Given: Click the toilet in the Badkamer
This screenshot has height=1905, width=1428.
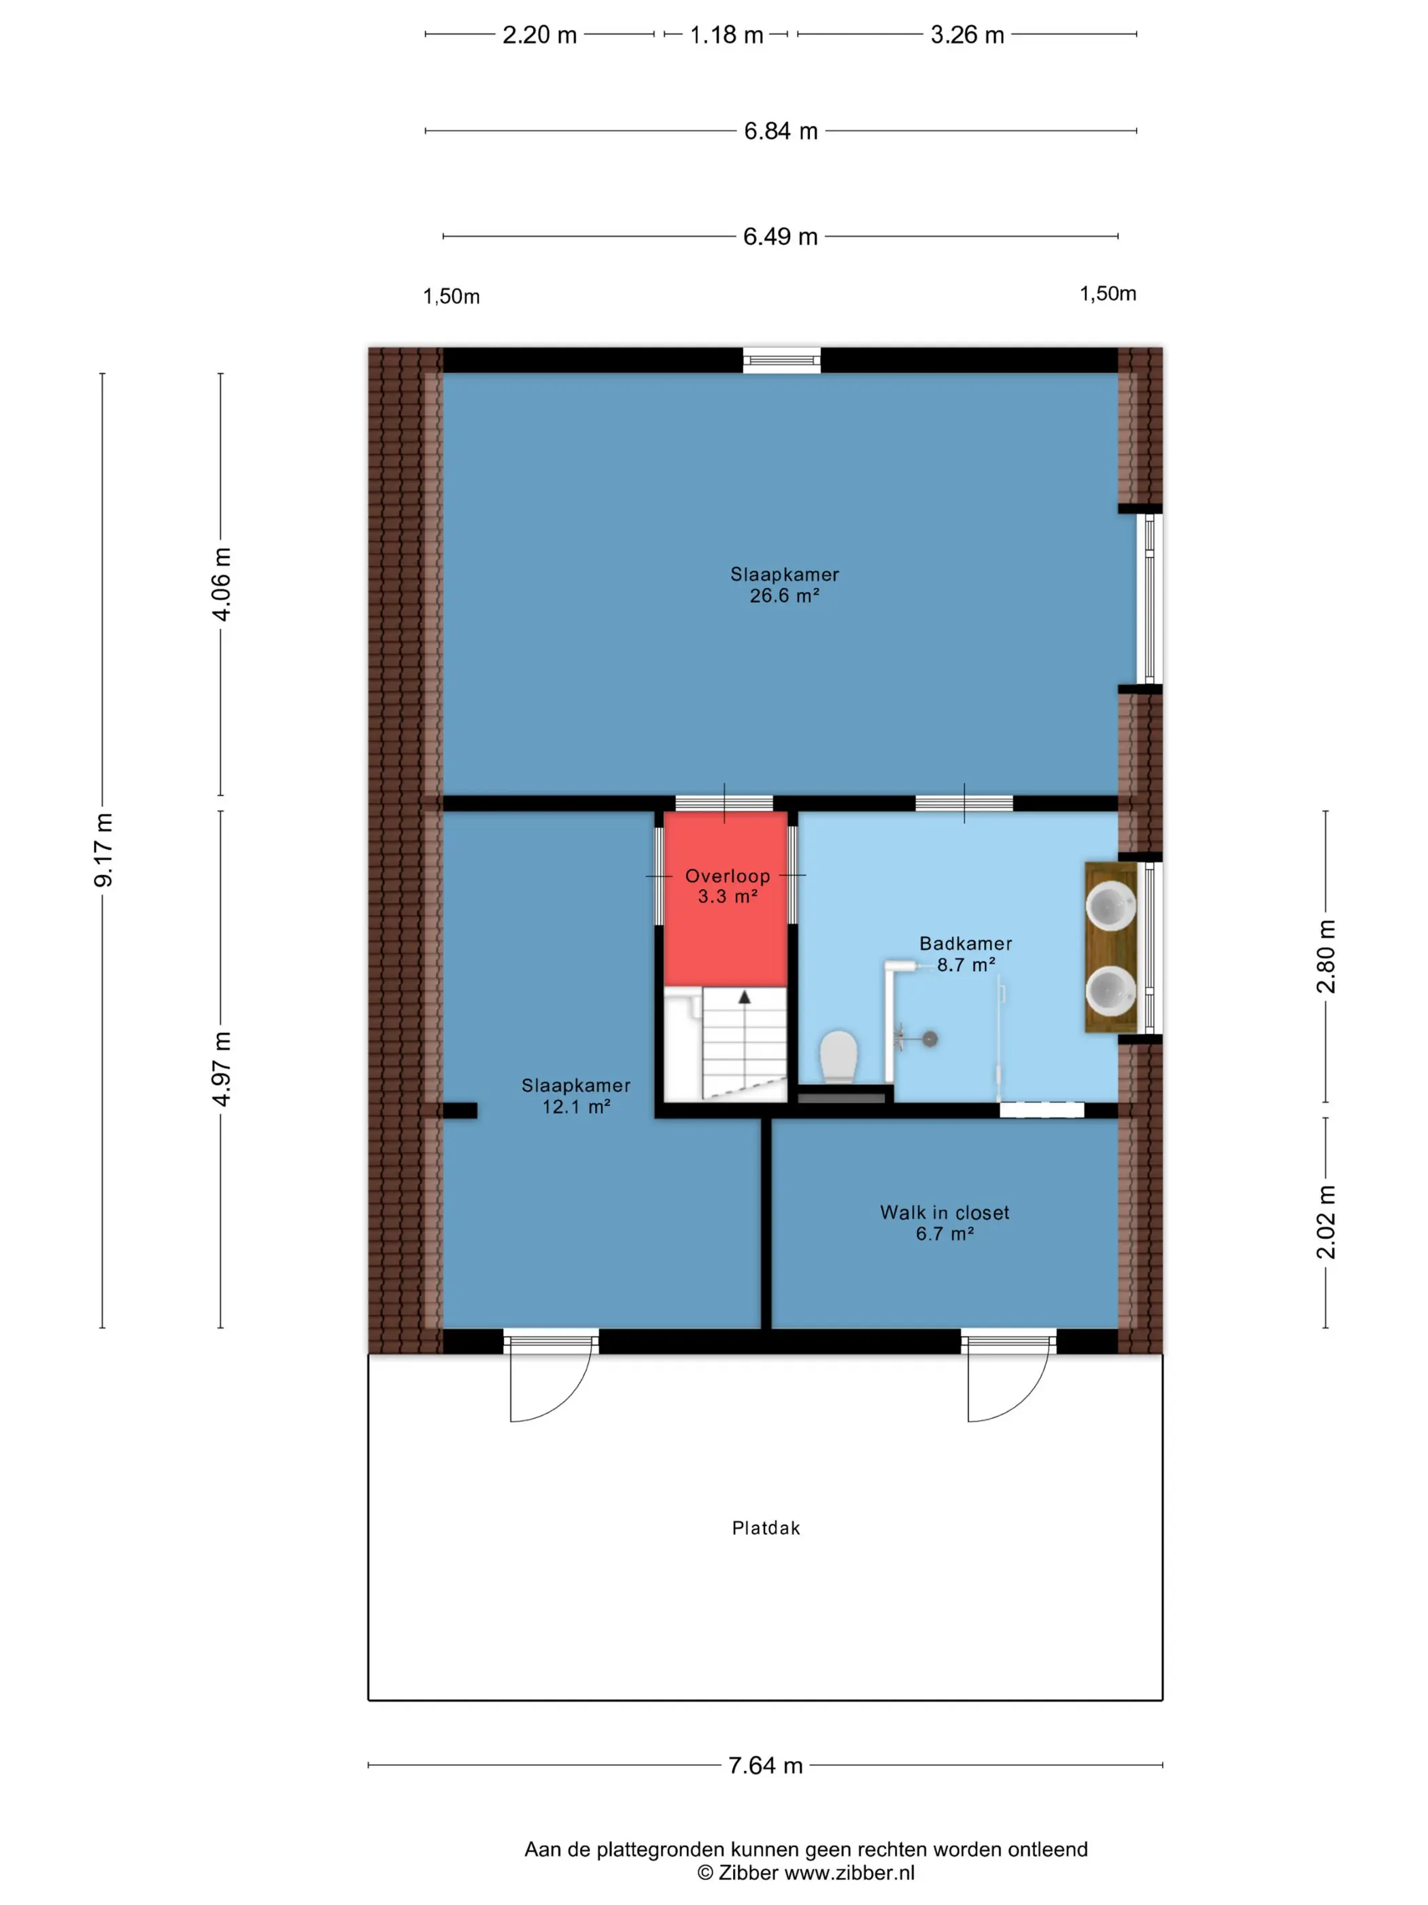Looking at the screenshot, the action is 838,1057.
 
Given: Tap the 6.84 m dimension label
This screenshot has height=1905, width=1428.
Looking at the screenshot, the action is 780,131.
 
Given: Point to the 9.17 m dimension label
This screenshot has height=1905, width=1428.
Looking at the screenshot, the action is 103,849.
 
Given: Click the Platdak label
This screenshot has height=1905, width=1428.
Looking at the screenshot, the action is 765,1528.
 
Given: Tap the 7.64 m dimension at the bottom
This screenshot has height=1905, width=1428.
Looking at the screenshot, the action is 765,1766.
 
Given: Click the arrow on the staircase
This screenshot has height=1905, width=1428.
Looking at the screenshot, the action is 745,997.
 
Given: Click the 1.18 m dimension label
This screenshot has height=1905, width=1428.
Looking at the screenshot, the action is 726,35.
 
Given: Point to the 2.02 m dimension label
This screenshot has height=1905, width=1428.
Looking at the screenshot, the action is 1325,1222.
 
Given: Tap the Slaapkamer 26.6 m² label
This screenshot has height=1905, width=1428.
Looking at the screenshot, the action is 784,584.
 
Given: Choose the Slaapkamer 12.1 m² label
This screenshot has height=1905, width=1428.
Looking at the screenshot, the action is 576,1095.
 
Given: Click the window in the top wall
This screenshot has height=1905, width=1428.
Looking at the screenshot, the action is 781,359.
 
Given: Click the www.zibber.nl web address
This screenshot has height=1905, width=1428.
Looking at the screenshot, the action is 849,1872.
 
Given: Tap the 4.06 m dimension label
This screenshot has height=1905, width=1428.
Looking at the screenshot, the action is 221,584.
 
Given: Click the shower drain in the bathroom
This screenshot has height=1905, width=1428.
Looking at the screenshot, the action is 930,1039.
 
